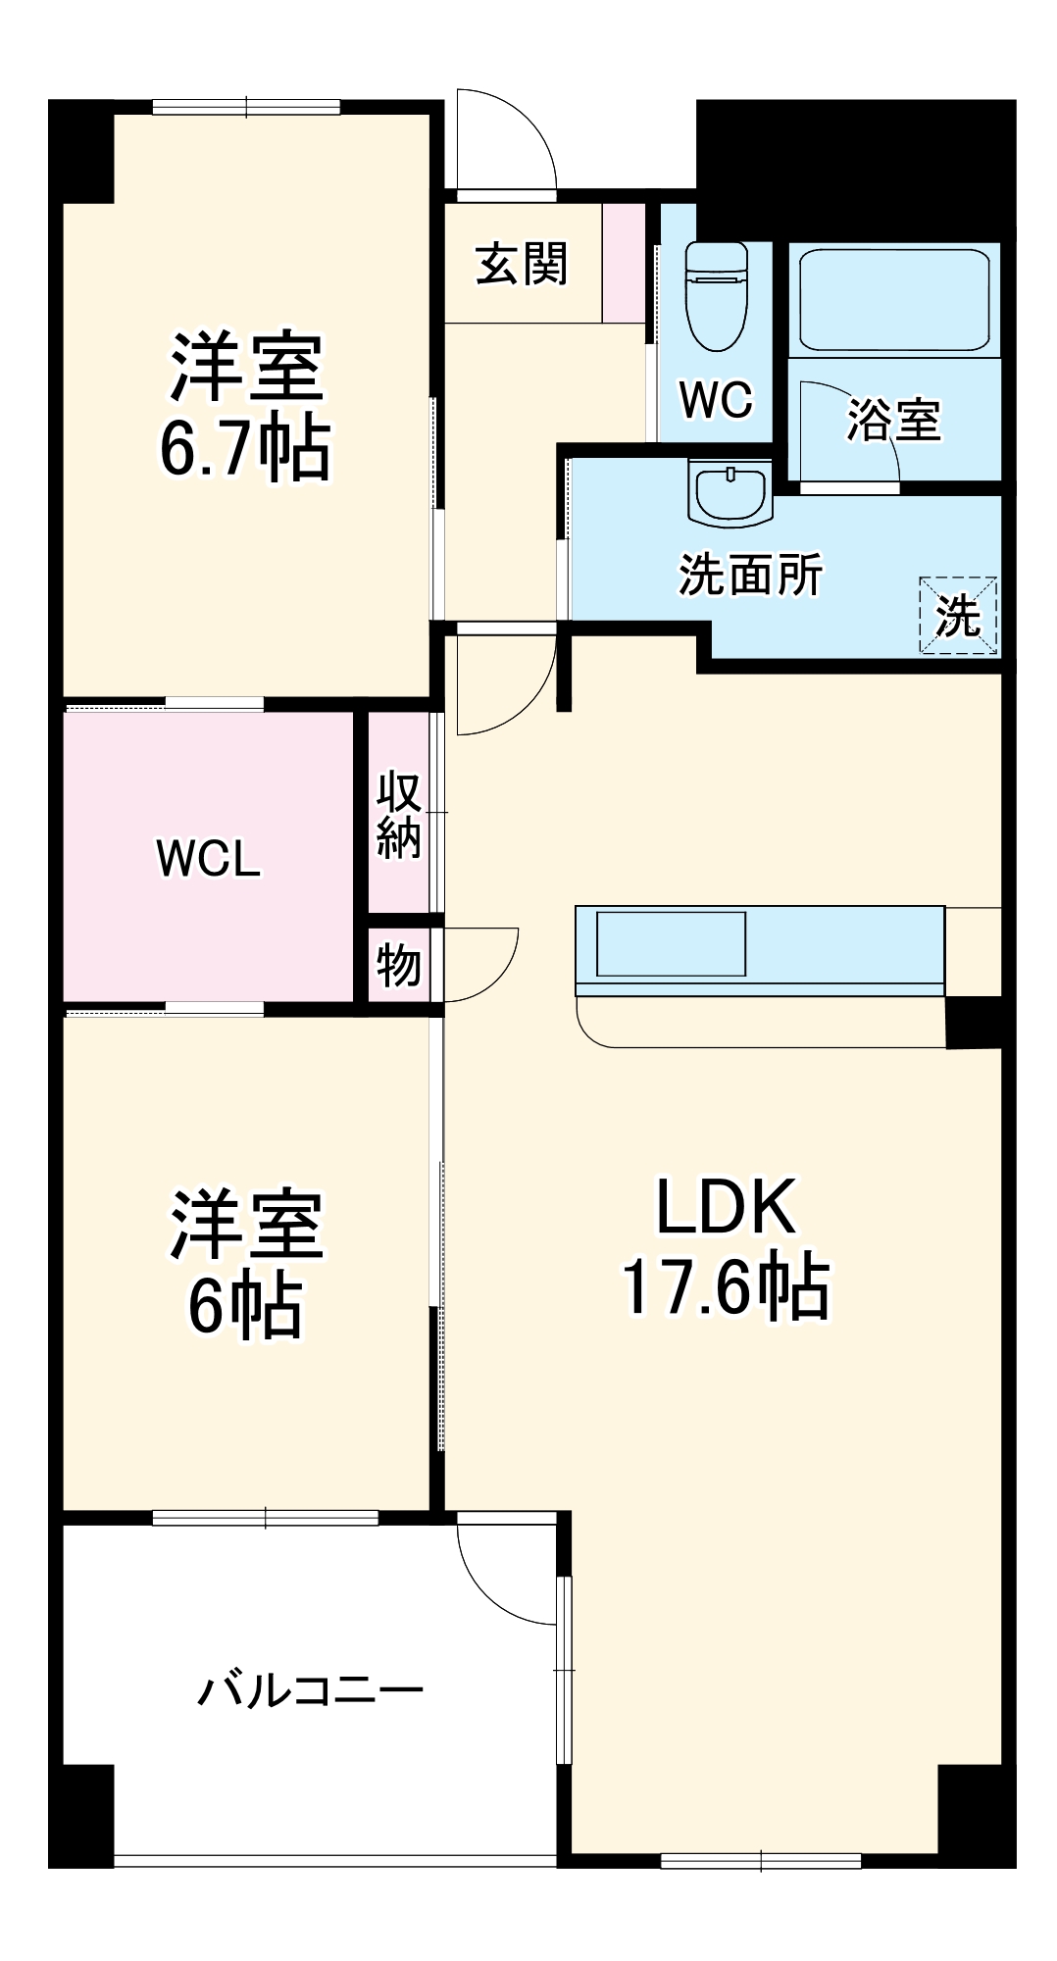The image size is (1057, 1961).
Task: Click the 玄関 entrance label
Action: click(522, 264)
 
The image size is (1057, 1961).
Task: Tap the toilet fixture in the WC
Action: click(716, 294)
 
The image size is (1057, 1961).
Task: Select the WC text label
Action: click(716, 399)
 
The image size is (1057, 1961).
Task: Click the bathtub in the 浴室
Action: click(893, 299)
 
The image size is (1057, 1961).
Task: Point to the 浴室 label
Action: click(893, 420)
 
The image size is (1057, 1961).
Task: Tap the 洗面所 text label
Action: click(750, 575)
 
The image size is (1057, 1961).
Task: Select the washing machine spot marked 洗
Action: click(958, 615)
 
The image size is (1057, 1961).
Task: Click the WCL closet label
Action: click(209, 859)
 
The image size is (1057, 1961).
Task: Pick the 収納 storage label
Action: click(399, 815)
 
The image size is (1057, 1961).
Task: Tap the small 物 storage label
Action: click(399, 966)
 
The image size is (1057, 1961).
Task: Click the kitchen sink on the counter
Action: click(672, 943)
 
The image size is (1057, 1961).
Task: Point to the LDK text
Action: click(726, 1207)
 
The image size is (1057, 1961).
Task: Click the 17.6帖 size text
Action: click(726, 1286)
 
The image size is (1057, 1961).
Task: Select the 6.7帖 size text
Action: click(245, 449)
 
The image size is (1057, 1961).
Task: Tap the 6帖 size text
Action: click(245, 1306)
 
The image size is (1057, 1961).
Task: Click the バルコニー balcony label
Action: click(310, 1690)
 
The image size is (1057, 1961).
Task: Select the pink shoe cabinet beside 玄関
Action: click(624, 263)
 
